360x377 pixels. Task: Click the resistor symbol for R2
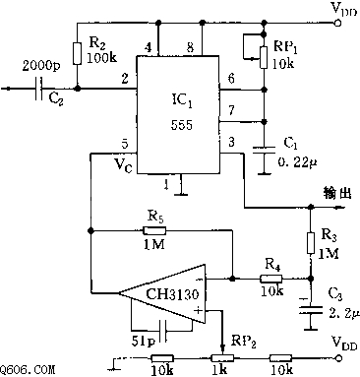[x=77, y=53]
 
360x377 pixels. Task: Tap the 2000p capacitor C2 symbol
[x=39, y=89]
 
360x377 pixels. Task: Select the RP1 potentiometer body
[x=264, y=57]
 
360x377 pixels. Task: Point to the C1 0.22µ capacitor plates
[x=265, y=151]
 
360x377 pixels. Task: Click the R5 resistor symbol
[x=154, y=231]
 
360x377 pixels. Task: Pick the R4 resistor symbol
[x=271, y=279]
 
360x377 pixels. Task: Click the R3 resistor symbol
[x=311, y=243]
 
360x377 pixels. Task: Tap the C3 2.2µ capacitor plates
[x=311, y=310]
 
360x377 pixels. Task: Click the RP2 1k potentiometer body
[x=222, y=358]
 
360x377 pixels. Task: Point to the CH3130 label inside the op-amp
[x=172, y=294]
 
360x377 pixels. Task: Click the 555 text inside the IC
[x=182, y=125]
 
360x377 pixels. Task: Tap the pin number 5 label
[x=125, y=144]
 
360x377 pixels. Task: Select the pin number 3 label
[x=231, y=142]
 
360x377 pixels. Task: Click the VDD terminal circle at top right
[x=337, y=23]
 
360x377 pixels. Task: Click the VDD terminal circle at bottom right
[x=337, y=358]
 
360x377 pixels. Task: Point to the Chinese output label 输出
[x=337, y=193]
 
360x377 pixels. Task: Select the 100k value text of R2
[x=101, y=58]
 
